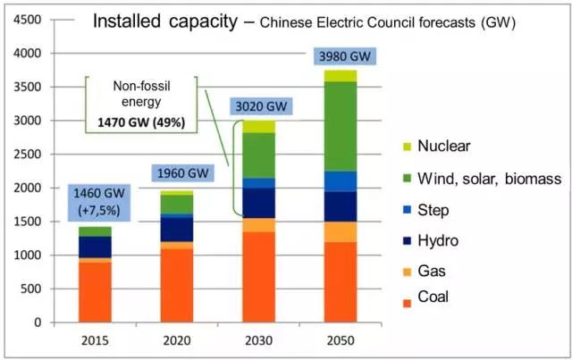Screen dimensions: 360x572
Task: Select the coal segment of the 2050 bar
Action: coord(340,281)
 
